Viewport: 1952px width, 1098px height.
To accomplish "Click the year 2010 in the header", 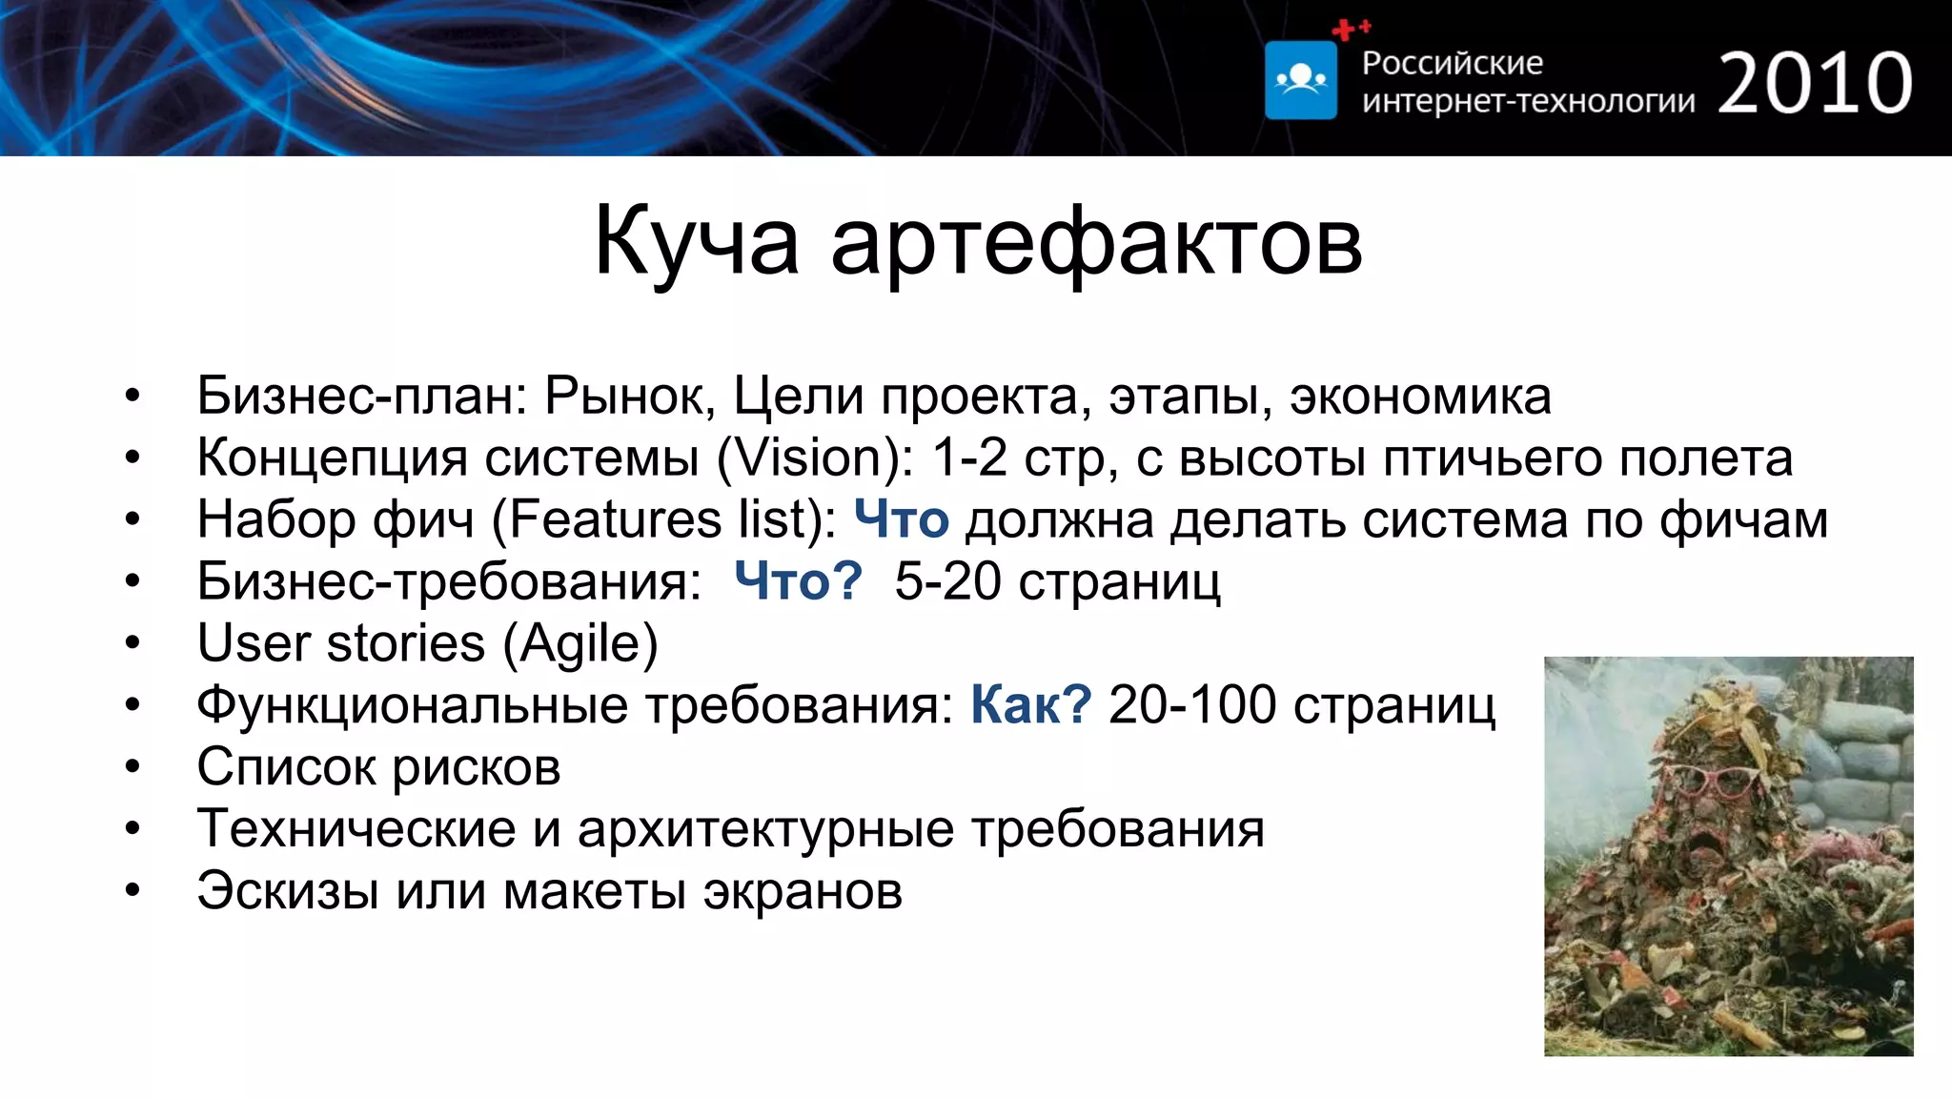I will [x=1815, y=84].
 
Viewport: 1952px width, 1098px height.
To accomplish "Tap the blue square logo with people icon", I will [x=1301, y=81].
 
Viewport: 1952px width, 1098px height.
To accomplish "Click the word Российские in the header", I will [x=1452, y=63].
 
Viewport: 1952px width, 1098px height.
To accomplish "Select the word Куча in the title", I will [x=696, y=242].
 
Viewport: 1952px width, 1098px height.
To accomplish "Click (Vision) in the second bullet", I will [x=816, y=457].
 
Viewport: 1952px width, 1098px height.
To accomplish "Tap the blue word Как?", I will [x=1030, y=705].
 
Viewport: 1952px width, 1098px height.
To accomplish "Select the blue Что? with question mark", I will [x=798, y=580].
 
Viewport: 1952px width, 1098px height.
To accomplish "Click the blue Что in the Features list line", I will [x=901, y=519].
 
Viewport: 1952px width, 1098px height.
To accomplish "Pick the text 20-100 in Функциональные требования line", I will [x=1191, y=705].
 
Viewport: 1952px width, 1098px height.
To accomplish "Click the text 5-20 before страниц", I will [x=947, y=580].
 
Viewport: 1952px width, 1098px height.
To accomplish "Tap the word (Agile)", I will [x=580, y=644].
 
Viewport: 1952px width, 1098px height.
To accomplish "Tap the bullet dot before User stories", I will [x=132, y=643].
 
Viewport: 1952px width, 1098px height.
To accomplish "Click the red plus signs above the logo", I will [x=1350, y=30].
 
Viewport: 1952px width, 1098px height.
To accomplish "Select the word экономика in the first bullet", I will [x=1420, y=396].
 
